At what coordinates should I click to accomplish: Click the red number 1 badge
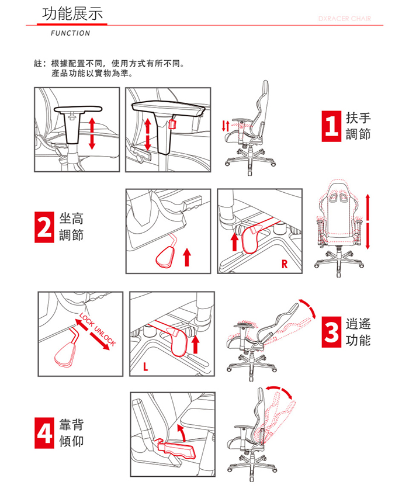click(331, 126)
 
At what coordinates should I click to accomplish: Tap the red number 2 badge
click(44, 227)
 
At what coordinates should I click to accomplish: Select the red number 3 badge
click(331, 332)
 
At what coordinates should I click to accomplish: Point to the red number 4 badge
click(44, 433)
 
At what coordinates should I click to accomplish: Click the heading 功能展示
click(72, 13)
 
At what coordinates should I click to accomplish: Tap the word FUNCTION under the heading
click(70, 33)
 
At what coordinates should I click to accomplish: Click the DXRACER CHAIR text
click(344, 19)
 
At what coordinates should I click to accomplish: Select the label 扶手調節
click(358, 126)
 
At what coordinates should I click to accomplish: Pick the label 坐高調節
click(71, 227)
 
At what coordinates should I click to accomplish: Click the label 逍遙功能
click(358, 332)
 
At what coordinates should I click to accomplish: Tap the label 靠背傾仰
click(71, 433)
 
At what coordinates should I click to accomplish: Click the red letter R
click(284, 264)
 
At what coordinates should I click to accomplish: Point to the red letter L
click(145, 367)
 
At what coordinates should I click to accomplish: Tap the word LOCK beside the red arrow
click(86, 320)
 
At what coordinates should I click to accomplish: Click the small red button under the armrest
click(172, 124)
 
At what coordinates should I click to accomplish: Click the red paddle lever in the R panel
click(251, 238)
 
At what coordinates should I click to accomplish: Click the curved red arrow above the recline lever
click(182, 432)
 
